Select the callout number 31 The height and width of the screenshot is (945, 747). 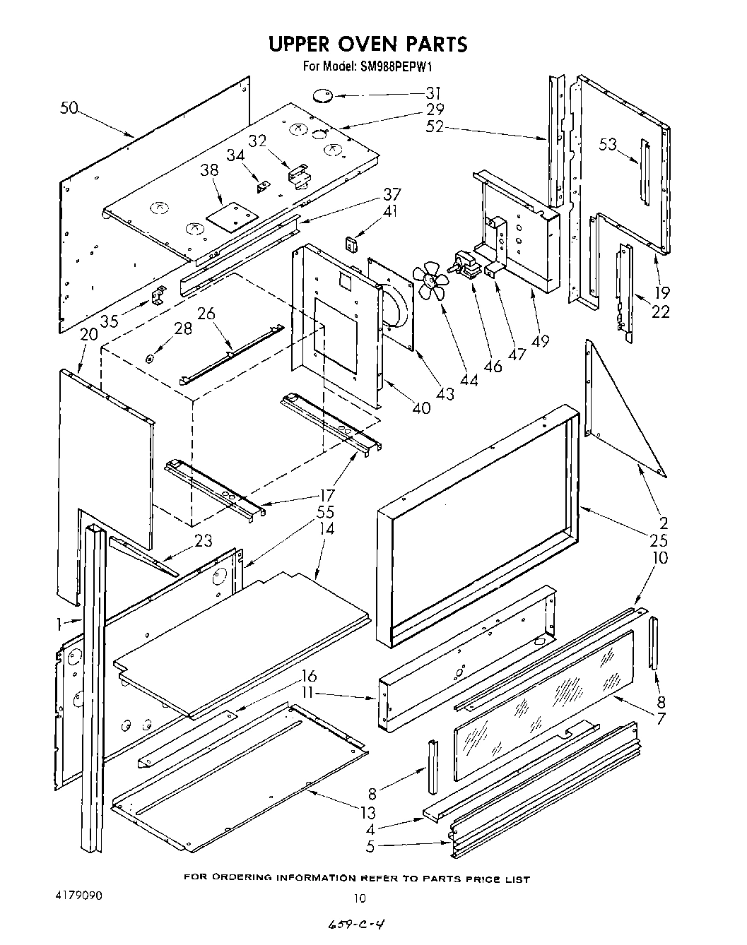(x=433, y=93)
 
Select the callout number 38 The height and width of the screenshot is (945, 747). (x=209, y=170)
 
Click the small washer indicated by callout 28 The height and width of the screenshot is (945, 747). (x=150, y=359)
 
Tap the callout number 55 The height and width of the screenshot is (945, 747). (x=325, y=512)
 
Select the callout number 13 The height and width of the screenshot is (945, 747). (x=367, y=812)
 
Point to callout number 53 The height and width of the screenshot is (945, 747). (x=608, y=145)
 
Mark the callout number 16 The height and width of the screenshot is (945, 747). (x=309, y=676)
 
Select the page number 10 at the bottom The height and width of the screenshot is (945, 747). (x=360, y=898)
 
